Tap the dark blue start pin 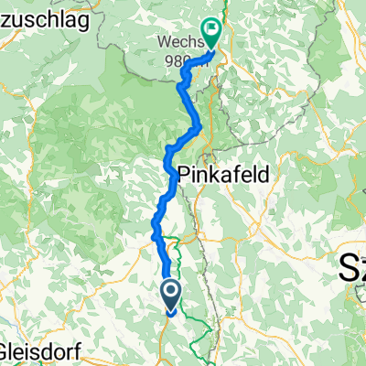pyautogui.click(x=171, y=296)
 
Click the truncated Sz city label pyautogui.click(x=352, y=267)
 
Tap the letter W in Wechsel pyautogui.click(x=162, y=42)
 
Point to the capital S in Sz pyautogui.click(x=347, y=267)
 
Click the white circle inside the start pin pyautogui.click(x=171, y=292)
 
